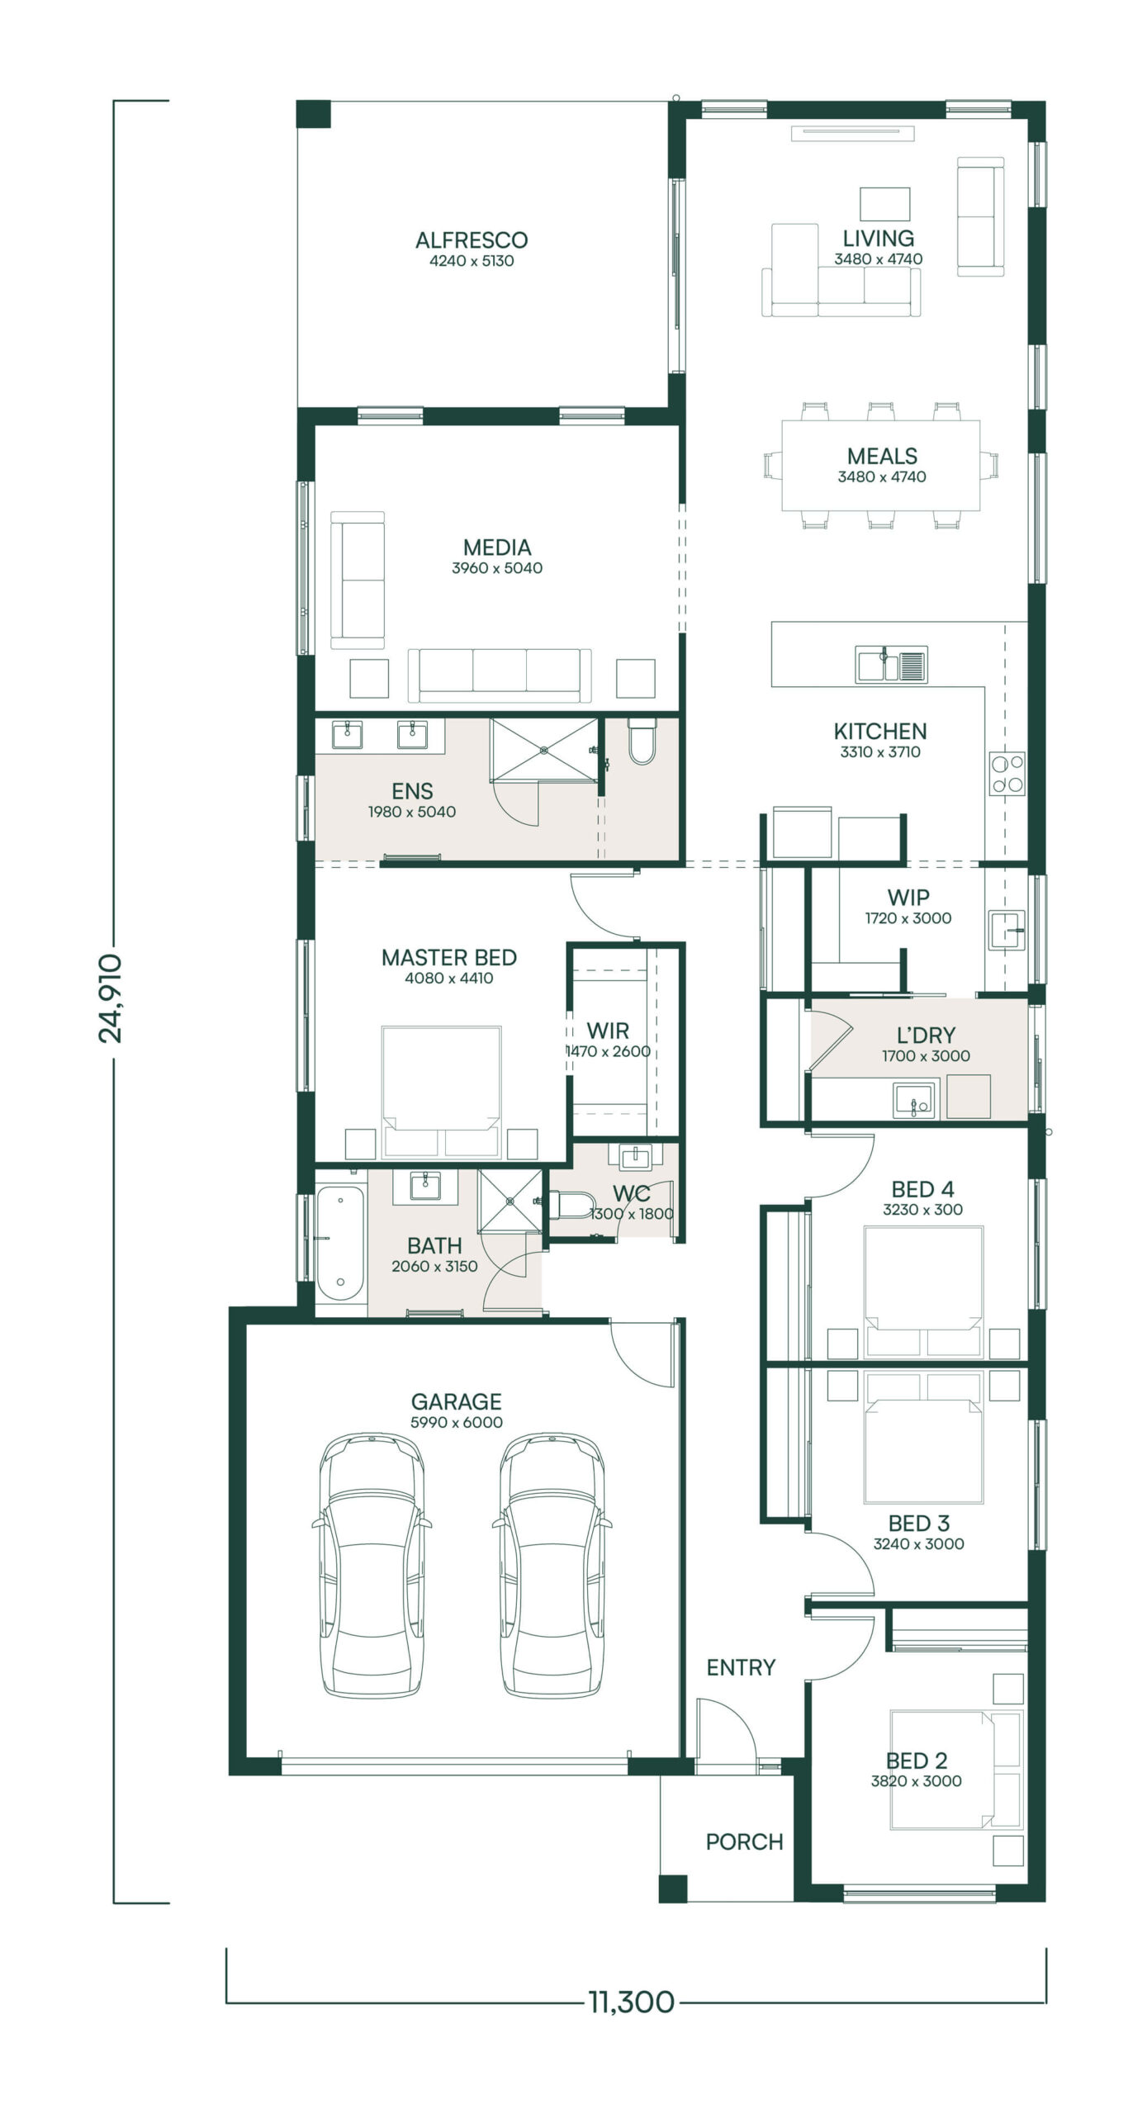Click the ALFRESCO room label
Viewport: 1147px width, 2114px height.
point(472,240)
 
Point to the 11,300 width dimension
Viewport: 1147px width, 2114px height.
point(632,2002)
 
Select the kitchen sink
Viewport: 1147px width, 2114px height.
point(892,664)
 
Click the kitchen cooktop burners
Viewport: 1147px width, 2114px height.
point(1007,774)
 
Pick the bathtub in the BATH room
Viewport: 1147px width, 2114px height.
point(339,1244)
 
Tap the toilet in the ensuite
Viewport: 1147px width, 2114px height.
point(642,741)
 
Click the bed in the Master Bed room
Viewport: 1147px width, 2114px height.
point(442,1091)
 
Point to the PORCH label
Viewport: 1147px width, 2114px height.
point(744,1841)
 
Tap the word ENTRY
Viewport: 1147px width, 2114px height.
point(741,1667)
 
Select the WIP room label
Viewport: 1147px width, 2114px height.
point(908,897)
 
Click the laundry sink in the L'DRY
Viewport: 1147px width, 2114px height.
point(914,1100)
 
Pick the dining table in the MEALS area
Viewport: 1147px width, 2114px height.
point(881,465)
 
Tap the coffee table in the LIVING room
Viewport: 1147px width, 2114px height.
point(885,204)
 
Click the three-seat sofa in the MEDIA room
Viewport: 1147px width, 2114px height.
point(500,675)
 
